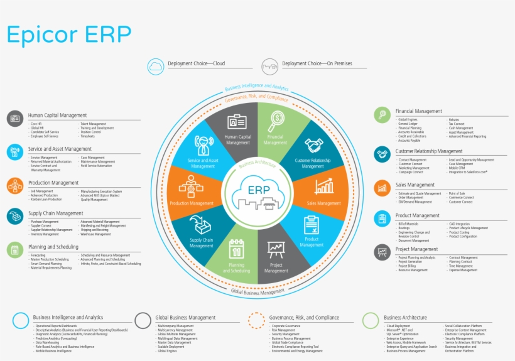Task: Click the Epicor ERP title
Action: (69, 34)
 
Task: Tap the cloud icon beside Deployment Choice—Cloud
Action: (156, 65)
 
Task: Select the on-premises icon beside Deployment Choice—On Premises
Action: (270, 65)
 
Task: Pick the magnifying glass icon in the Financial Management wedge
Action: (276, 120)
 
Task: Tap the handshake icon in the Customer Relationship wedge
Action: (313, 146)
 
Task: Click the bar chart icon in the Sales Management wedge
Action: (324, 186)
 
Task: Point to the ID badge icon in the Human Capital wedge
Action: (237, 121)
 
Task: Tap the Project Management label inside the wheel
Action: (276, 269)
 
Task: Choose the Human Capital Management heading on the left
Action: (57, 115)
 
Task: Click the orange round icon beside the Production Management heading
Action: (16, 185)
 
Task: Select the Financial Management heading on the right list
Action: (418, 111)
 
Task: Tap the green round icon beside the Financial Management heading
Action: (382, 114)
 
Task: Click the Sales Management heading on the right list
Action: (415, 185)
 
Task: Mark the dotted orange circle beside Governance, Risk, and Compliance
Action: (256, 320)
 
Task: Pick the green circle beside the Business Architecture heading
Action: (371, 320)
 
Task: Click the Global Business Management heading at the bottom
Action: (185, 318)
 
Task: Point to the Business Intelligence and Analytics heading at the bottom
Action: (68, 318)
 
